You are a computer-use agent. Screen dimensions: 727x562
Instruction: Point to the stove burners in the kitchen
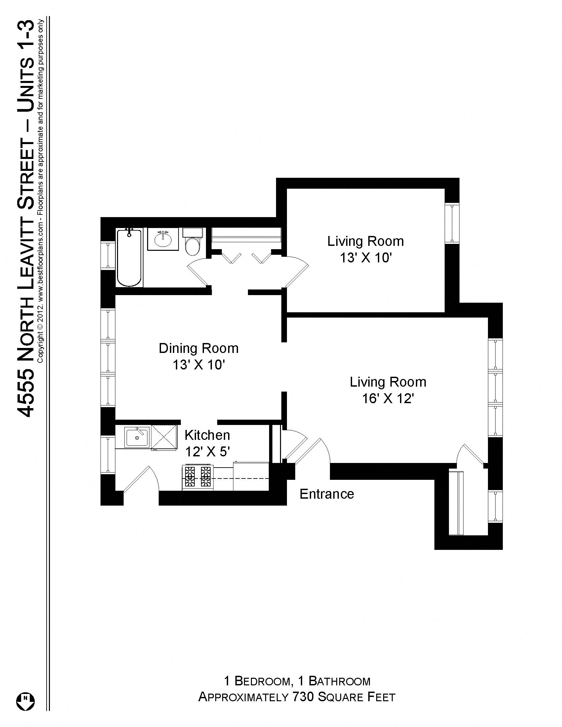[198, 478]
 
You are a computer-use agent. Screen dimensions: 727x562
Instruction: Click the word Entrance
[326, 494]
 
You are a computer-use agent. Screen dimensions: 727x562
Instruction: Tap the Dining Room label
[198, 348]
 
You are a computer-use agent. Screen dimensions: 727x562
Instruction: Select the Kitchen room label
[207, 435]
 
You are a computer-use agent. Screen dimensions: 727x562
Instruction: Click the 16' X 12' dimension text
[387, 399]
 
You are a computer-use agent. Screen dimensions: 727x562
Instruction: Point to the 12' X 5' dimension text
[208, 452]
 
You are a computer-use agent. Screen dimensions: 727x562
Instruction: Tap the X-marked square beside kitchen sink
[164, 437]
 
